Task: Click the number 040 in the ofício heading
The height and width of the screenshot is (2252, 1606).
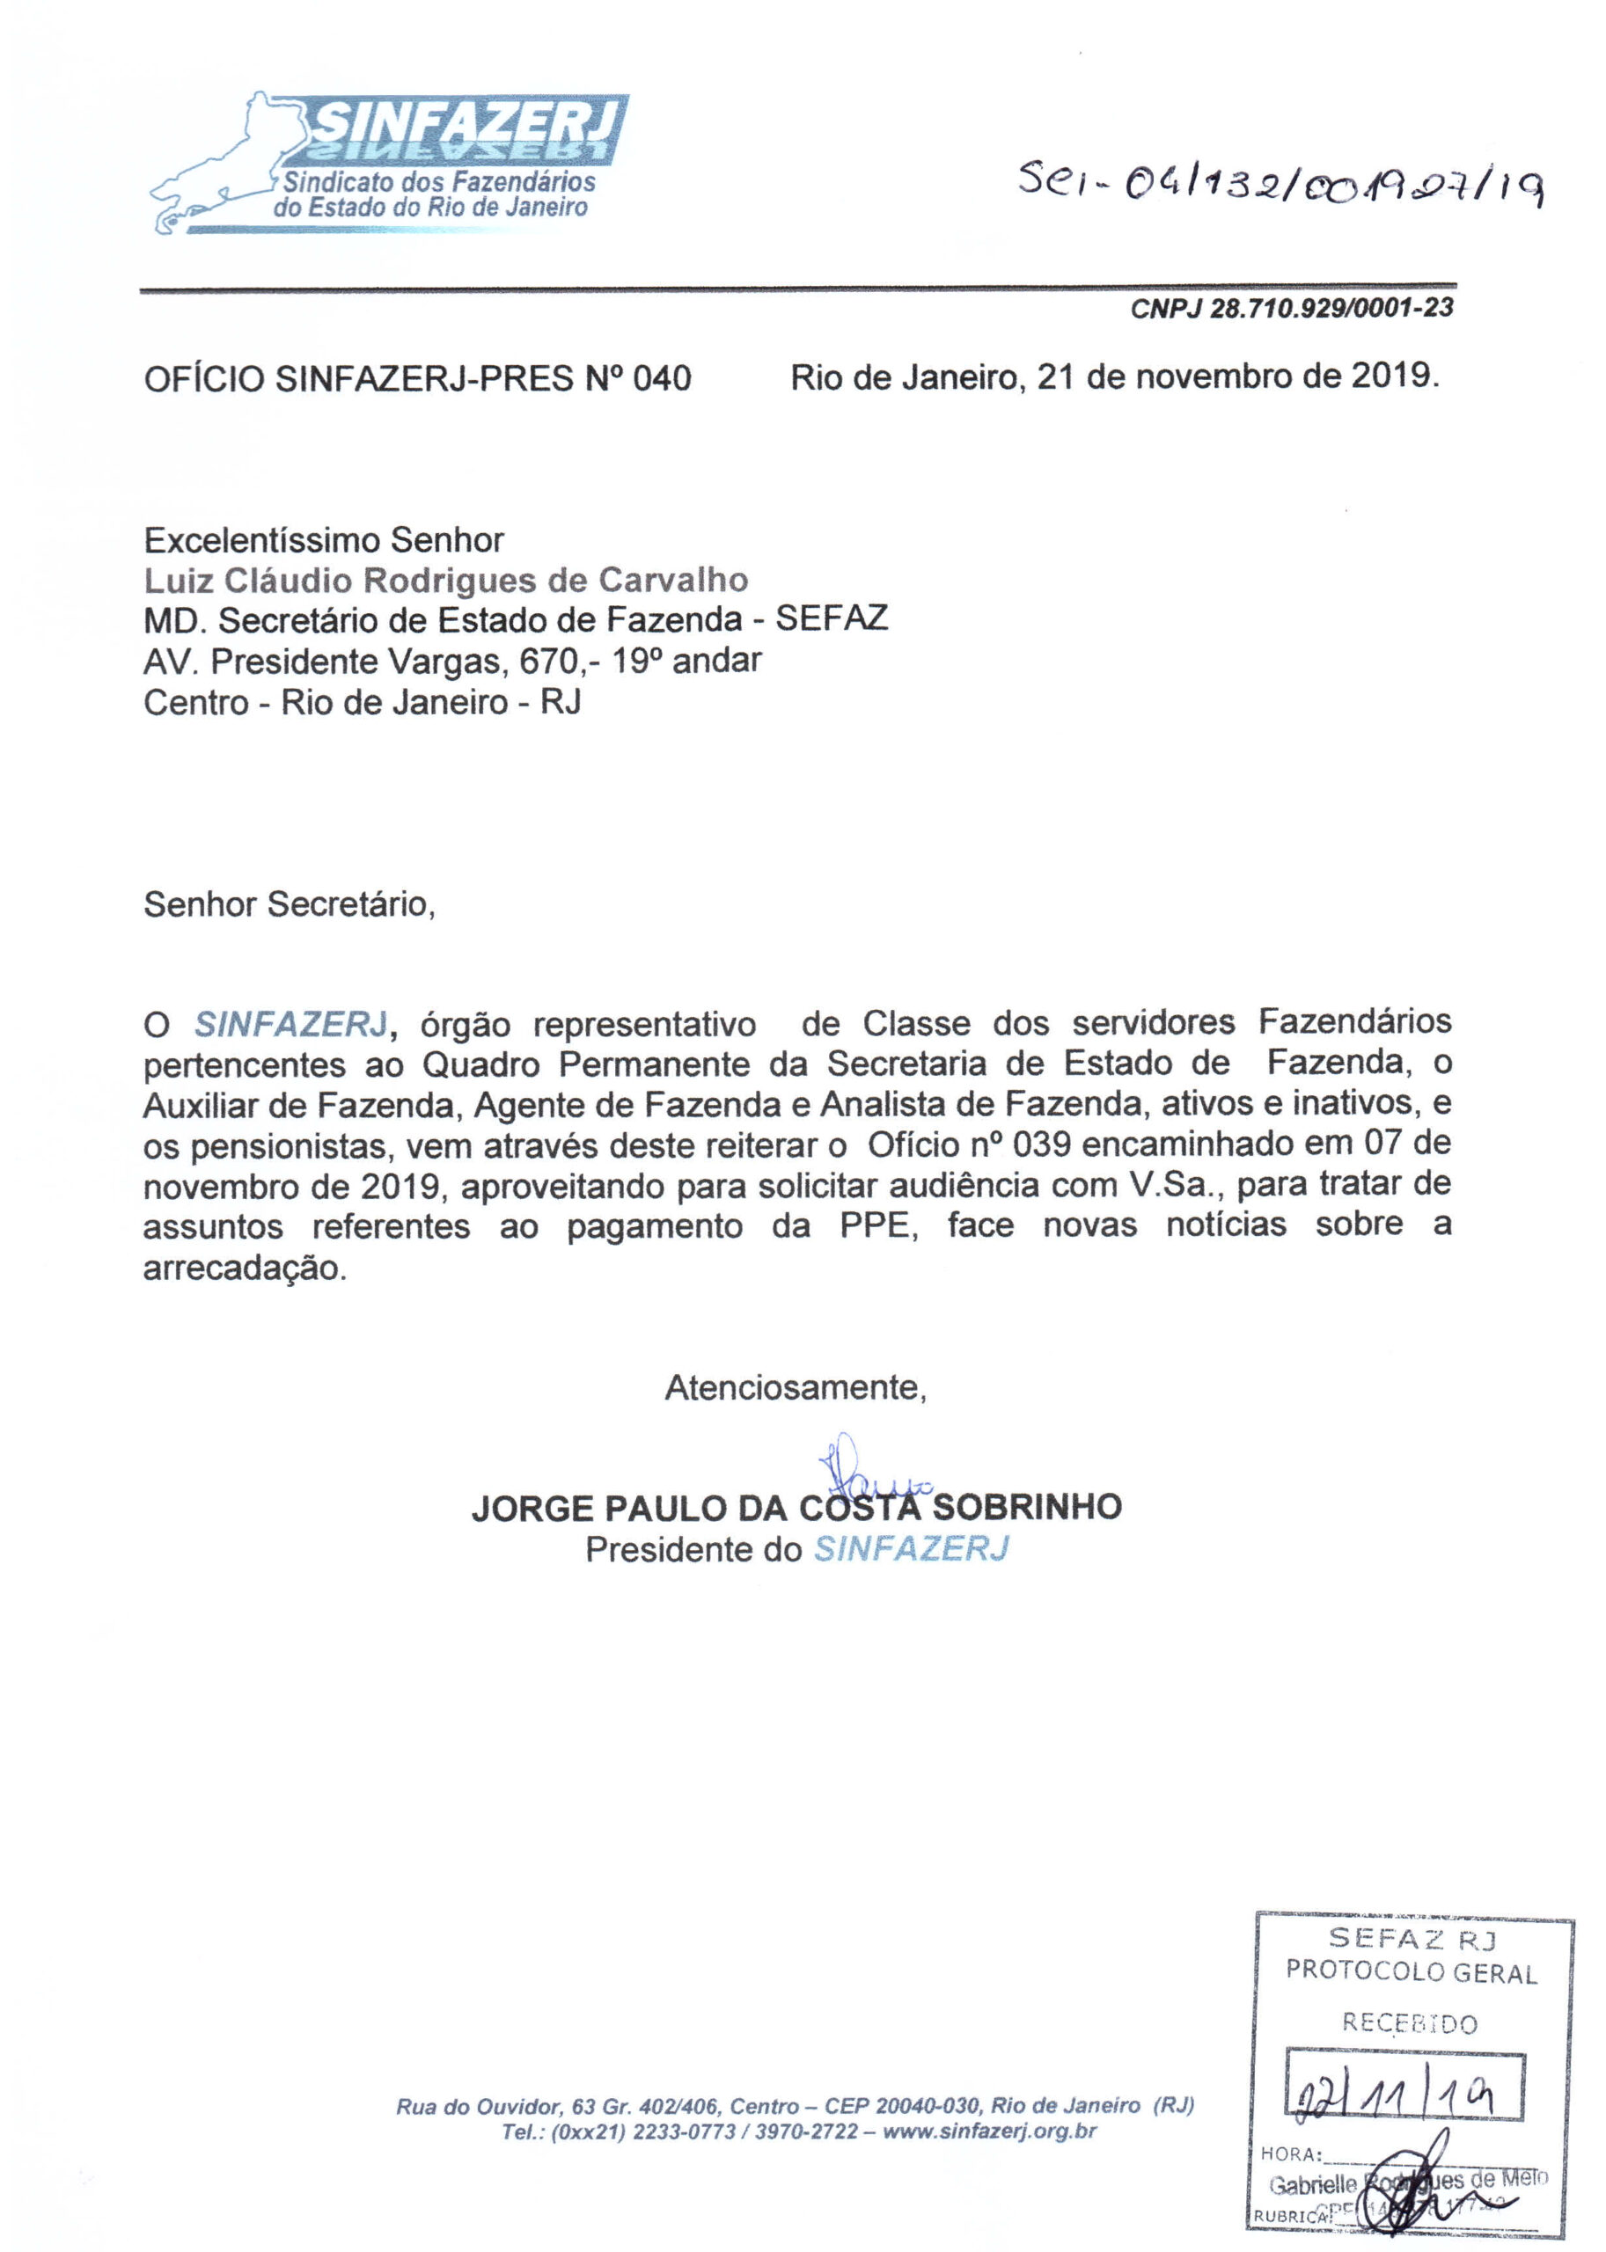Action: [662, 378]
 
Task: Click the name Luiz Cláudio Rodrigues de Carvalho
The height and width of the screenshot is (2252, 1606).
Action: [445, 581]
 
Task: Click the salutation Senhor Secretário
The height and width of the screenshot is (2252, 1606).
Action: [289, 903]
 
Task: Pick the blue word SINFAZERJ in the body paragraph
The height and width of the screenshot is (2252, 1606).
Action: [290, 1024]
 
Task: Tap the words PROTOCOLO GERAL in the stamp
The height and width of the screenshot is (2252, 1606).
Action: [1412, 1972]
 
